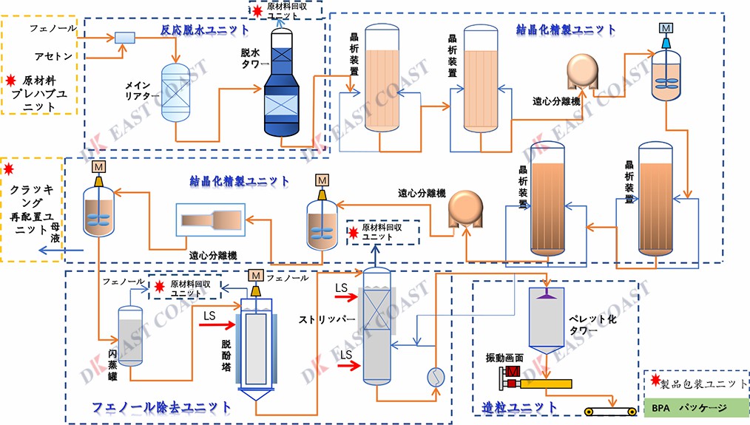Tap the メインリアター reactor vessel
point(176,92)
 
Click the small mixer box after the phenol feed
point(124,37)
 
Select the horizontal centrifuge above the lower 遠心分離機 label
point(214,220)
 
